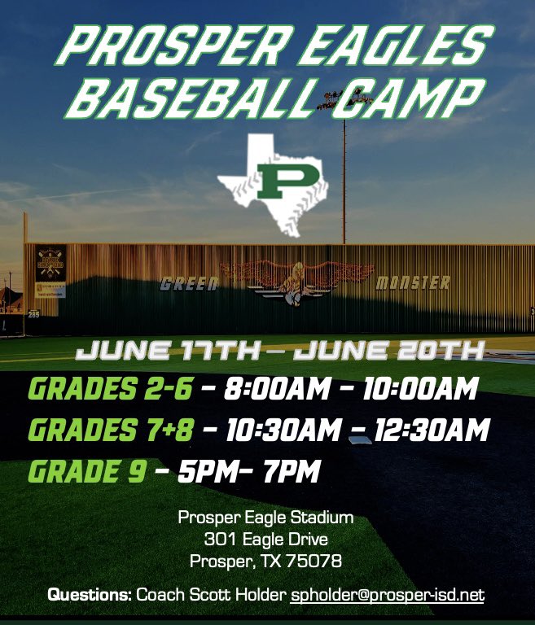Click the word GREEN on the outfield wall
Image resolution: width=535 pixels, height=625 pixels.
click(x=189, y=284)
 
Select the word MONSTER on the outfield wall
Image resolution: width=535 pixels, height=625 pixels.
click(x=413, y=283)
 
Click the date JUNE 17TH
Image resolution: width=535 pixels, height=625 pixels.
click(x=169, y=352)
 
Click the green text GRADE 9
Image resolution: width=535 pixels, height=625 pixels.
click(x=87, y=470)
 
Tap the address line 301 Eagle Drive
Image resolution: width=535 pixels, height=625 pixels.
click(x=265, y=539)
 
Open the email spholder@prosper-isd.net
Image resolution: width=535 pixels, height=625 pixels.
click(x=388, y=596)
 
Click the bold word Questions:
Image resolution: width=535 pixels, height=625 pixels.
click(x=90, y=596)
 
